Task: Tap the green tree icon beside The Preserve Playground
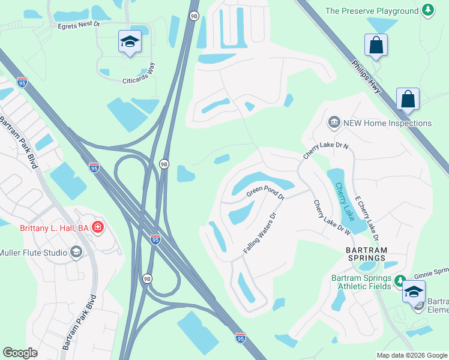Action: [427, 10]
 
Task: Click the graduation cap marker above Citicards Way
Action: [130, 41]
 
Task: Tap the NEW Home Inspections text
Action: [387, 123]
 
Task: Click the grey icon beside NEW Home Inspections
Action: [334, 122]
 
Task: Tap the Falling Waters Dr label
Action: [259, 232]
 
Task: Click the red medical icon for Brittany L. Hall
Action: [98, 227]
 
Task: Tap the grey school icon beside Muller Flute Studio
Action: [76, 252]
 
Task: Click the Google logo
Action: [20, 353]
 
